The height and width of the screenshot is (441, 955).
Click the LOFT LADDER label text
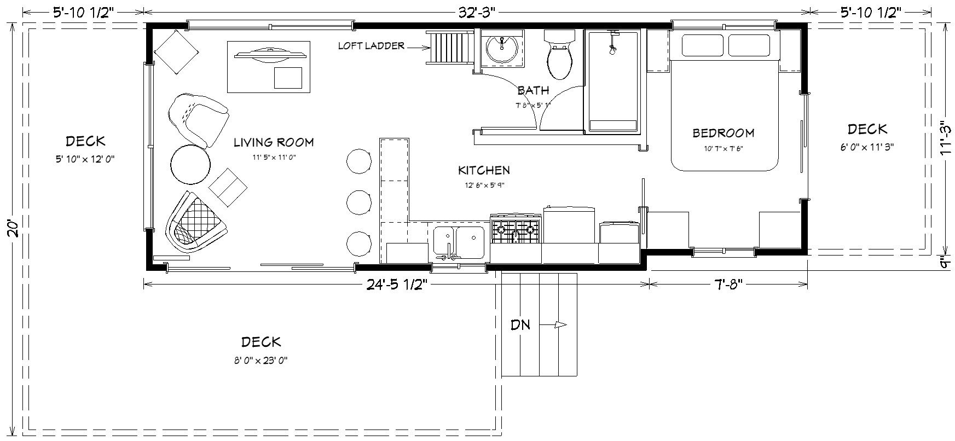(371, 46)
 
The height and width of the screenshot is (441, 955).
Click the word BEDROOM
(723, 133)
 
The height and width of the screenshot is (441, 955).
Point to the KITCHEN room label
(484, 171)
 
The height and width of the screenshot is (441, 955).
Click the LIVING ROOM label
(274, 143)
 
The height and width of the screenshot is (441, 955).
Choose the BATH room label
(533, 91)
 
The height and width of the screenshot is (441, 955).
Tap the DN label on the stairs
(520, 325)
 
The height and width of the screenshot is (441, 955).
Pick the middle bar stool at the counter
(359, 202)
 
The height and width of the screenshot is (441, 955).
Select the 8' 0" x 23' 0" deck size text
(261, 361)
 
